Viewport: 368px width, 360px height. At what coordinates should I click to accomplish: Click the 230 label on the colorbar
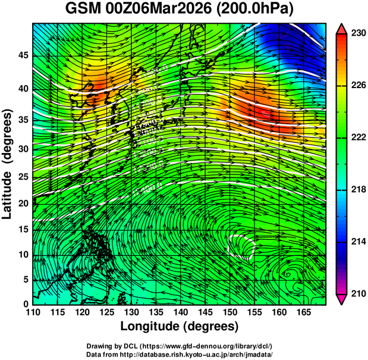click(x=357, y=34)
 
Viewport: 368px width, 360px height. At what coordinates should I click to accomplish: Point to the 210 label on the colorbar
click(x=357, y=293)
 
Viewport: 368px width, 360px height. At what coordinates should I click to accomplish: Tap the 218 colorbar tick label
click(x=357, y=190)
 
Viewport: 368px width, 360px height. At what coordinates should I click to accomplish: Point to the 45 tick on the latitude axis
click(x=22, y=55)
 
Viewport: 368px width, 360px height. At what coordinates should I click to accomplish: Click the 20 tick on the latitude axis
click(x=22, y=204)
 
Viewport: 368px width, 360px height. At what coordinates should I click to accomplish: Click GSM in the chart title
click(x=81, y=10)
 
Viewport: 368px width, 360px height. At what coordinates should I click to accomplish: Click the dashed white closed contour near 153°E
click(x=242, y=245)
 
